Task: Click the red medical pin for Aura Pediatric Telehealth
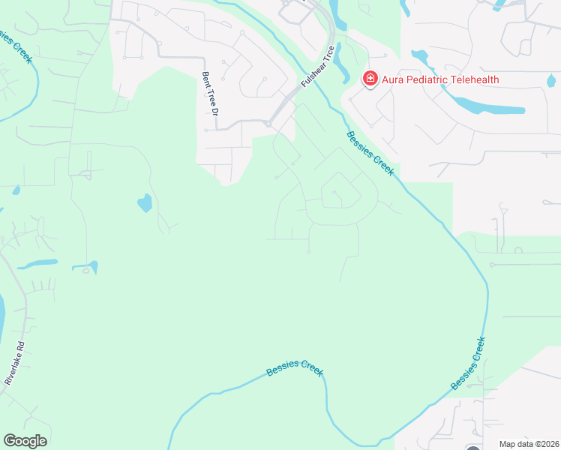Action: click(x=370, y=79)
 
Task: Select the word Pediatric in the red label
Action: click(x=431, y=80)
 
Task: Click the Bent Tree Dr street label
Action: click(x=209, y=94)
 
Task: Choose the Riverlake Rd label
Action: click(x=15, y=364)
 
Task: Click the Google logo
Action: click(x=25, y=441)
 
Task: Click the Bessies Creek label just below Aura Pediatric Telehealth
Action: click(x=370, y=153)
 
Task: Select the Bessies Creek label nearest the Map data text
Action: click(x=469, y=363)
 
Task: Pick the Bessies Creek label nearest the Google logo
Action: click(x=295, y=367)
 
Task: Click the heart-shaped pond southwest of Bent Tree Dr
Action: click(x=144, y=202)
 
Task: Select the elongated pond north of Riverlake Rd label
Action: click(x=37, y=264)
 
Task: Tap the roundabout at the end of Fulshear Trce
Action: click(x=268, y=124)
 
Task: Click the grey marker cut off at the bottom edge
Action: click(x=473, y=448)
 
